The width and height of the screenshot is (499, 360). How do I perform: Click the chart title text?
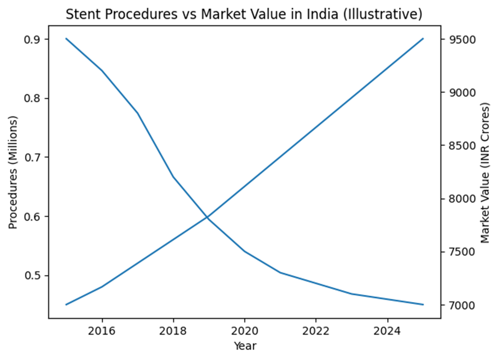pos(244,15)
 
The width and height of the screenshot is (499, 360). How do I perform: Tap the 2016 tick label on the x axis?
pos(102,332)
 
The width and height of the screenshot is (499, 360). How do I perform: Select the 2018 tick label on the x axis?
pos(173,332)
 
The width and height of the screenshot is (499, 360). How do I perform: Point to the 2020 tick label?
pos(244,332)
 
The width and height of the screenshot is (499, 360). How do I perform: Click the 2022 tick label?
pos(315,332)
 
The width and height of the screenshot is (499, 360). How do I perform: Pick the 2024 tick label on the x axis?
pos(387,332)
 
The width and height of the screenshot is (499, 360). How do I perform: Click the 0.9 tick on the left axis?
pos(35,40)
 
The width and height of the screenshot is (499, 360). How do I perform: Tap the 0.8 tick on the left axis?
pos(35,99)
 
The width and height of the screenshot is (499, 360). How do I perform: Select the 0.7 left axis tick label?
pos(35,158)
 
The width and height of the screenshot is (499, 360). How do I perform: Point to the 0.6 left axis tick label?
pos(35,217)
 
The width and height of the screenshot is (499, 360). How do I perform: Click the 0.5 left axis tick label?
pos(35,276)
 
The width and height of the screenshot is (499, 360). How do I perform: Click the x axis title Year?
pos(244,346)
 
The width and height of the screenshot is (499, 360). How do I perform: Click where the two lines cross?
pos(207,217)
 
